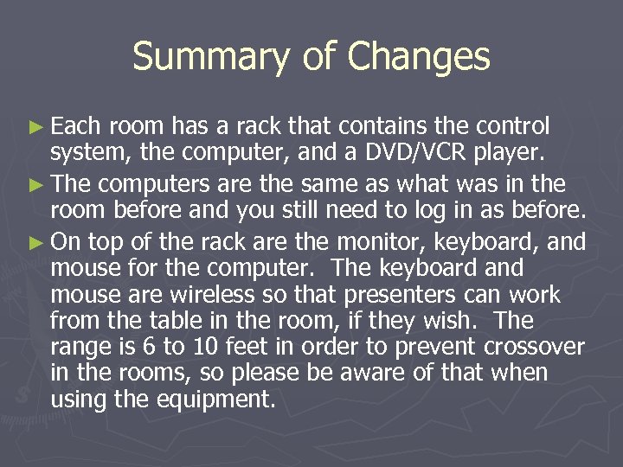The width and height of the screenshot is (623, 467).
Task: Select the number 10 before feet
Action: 211,348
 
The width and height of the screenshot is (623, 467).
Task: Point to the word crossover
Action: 535,348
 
